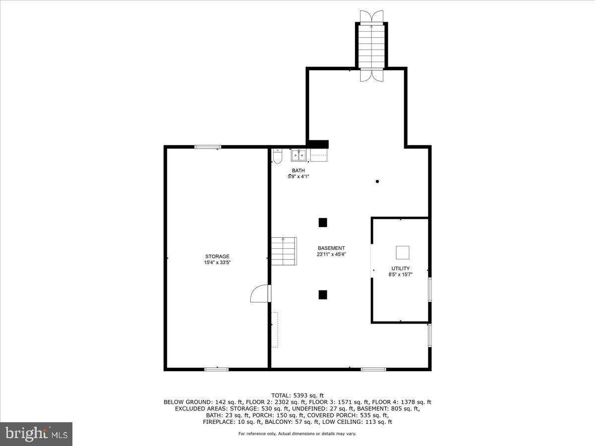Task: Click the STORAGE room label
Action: [217, 256]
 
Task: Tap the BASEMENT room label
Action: [331, 248]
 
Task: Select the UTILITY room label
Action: [400, 268]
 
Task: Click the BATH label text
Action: [298, 170]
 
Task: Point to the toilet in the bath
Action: [278, 156]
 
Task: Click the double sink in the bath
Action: [298, 155]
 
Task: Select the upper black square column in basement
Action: [323, 223]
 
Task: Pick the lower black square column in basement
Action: [323, 295]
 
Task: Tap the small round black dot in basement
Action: [377, 182]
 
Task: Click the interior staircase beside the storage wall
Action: [284, 251]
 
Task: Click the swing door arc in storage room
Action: [260, 294]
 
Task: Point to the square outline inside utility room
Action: [402, 253]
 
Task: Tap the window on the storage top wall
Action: [208, 147]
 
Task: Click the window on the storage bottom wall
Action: [216, 369]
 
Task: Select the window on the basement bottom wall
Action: [373, 369]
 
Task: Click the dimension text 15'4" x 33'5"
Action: [217, 263]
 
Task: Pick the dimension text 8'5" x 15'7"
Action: [400, 274]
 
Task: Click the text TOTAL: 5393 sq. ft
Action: [297, 395]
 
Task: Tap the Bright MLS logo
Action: [37, 434]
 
